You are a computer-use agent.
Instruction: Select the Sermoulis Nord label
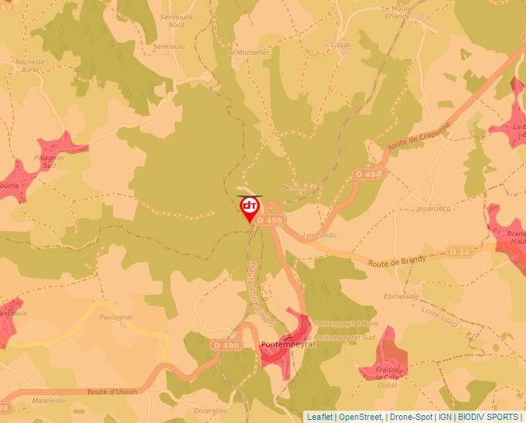click(176, 20)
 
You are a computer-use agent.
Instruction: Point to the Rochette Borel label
click(30, 65)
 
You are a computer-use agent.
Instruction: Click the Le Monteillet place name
click(248, 53)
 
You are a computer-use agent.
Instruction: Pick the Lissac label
click(340, 45)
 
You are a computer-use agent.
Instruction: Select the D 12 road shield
click(459, 251)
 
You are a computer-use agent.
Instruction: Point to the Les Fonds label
click(319, 235)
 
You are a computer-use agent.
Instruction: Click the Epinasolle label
click(401, 296)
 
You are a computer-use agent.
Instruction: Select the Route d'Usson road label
click(112, 392)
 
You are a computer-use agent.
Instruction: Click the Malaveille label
click(49, 401)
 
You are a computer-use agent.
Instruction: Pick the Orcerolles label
click(211, 410)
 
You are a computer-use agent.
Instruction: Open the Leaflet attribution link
click(319, 417)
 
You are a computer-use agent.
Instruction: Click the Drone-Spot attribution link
click(411, 417)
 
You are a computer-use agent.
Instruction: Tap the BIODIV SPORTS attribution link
click(488, 417)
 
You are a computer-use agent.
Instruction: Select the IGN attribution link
click(446, 417)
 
